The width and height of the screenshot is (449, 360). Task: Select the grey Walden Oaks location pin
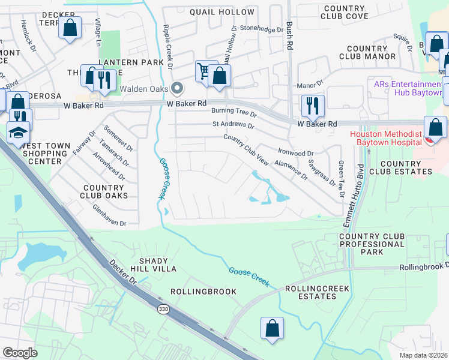pos(177,89)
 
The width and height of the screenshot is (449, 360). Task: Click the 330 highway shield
pos(163,309)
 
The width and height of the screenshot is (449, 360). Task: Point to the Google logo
pos(20,353)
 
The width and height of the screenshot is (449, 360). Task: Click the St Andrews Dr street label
pos(233,127)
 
